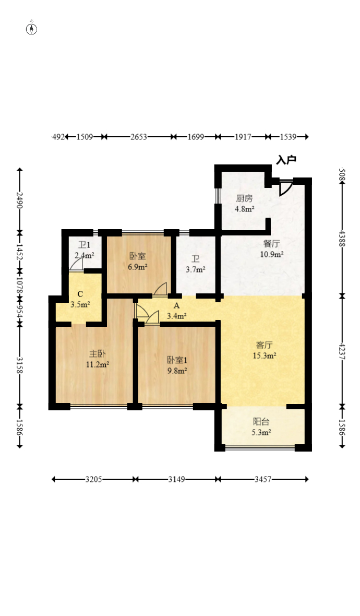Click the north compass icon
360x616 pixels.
click(32, 29)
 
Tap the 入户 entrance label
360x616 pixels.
click(286, 160)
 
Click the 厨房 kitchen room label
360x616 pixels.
click(244, 198)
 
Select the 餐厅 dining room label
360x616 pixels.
click(272, 243)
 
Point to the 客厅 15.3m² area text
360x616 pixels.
click(265, 356)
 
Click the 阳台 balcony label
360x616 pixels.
click(261, 422)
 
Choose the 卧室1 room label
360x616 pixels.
click(176, 360)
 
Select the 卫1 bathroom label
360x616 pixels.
click(84, 245)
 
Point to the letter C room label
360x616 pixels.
click(80, 294)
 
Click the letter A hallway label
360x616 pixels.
click(176, 306)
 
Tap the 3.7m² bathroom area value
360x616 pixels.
click(196, 269)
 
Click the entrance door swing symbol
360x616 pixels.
click(285, 187)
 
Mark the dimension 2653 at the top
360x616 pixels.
click(139, 137)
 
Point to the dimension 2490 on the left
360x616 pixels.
click(20, 200)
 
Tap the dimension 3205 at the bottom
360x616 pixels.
click(94, 479)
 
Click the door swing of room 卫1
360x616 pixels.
click(77, 265)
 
